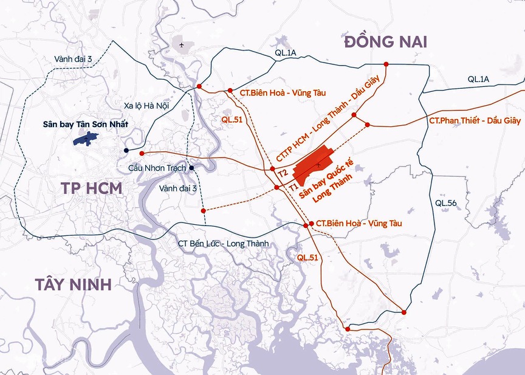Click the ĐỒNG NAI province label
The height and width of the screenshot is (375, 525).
pos(385,42)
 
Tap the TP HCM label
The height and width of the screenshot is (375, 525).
pos(92,188)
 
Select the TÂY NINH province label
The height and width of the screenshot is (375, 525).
pos(65,283)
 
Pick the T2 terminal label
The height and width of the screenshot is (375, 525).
pos(282,173)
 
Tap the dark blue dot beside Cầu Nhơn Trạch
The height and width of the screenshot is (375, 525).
pos(191,168)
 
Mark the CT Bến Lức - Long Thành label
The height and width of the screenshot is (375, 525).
pos(224,244)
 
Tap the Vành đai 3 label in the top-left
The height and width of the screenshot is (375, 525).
pos(73,58)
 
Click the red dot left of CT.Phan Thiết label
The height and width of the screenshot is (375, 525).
pos(368,125)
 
